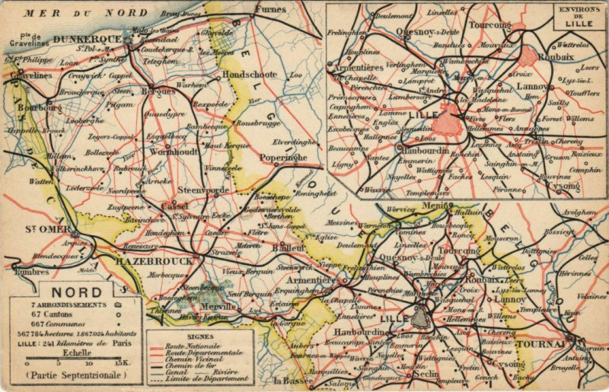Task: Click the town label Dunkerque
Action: point(87,39)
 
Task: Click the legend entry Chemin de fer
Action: point(193,365)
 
